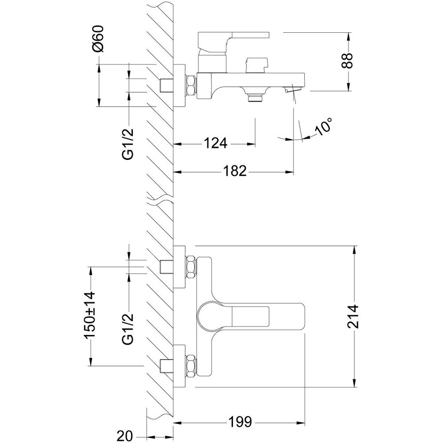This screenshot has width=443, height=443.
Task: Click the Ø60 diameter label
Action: pyautogui.click(x=99, y=39)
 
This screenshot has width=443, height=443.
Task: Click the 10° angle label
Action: pyautogui.click(x=323, y=128)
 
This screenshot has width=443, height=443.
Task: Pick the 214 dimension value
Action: pyautogui.click(x=354, y=316)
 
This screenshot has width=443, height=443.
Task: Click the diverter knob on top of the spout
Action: pyautogui.click(x=256, y=65)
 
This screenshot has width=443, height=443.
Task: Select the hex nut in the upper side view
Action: pyautogui.click(x=191, y=85)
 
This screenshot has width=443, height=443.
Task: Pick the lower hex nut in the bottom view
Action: pyautogui.click(x=191, y=365)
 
